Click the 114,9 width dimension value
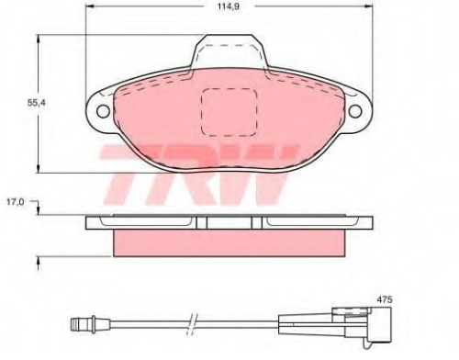point(229,6)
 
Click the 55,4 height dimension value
point(37,103)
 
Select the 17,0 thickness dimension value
point(16,202)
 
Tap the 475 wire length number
point(384,299)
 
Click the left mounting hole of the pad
point(103,111)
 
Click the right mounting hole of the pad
point(355,111)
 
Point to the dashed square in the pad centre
point(229,112)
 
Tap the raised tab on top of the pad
point(229,51)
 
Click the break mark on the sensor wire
point(193,324)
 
